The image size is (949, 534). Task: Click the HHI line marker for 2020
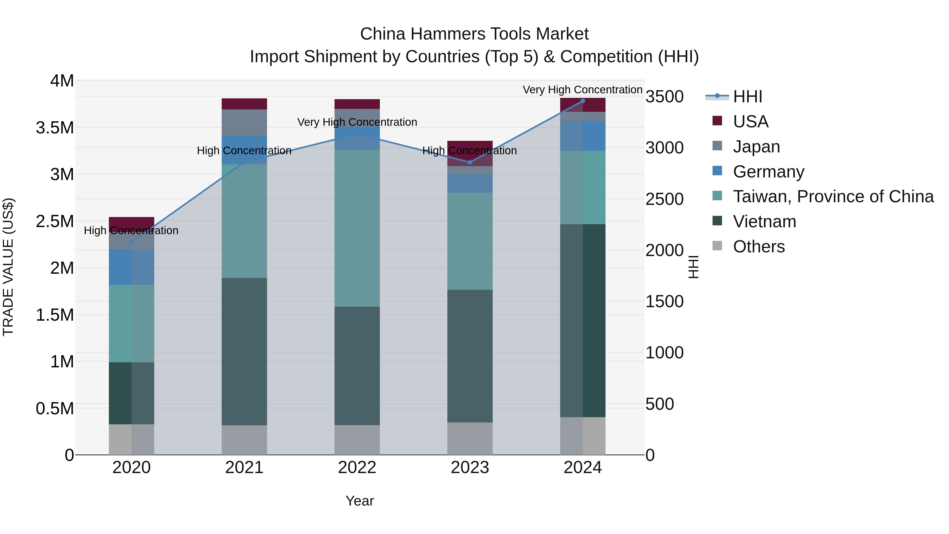(x=132, y=242)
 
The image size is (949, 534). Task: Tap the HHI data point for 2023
(x=470, y=162)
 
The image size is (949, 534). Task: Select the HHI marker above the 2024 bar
(x=582, y=101)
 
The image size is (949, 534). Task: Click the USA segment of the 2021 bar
(x=244, y=104)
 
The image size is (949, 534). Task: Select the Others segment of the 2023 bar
(x=470, y=439)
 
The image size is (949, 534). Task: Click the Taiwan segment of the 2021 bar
(x=244, y=221)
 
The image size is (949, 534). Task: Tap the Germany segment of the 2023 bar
(x=470, y=183)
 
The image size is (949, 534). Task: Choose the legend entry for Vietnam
(x=764, y=222)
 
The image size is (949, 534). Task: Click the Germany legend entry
(x=768, y=172)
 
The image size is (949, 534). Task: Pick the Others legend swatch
(x=717, y=246)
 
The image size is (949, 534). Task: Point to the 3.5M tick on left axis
(x=55, y=128)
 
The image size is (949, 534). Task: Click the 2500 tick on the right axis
(x=664, y=199)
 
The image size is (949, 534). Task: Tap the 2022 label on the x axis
(x=357, y=468)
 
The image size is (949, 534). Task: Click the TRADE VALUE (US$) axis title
(x=8, y=267)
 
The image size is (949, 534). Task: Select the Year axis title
(x=360, y=501)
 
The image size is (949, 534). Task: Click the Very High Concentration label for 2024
(x=582, y=90)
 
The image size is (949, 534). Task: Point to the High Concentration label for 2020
(x=131, y=231)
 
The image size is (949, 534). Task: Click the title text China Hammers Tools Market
(x=474, y=34)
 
